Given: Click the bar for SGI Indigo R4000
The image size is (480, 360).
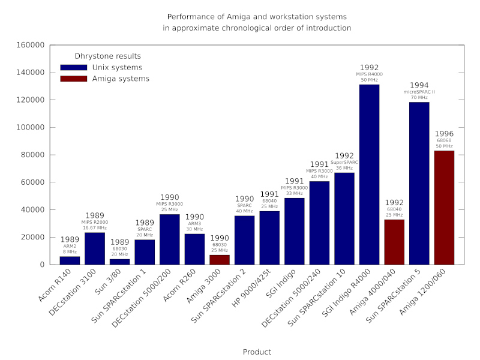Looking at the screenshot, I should [369, 174].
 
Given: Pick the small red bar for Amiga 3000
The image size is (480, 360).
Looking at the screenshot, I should [220, 260].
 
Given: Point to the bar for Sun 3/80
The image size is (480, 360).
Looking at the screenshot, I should [119, 262].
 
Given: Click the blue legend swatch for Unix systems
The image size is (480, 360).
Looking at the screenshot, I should [73, 68].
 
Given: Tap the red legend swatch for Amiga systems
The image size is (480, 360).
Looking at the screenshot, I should [73, 79].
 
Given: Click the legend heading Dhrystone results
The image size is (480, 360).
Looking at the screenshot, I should [107, 56].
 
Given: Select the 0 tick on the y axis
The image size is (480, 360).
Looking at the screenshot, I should [42, 265].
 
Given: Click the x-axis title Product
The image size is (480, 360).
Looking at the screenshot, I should [257, 352].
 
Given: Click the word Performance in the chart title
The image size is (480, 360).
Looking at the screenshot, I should [188, 17].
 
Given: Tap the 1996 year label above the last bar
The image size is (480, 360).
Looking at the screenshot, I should [444, 133].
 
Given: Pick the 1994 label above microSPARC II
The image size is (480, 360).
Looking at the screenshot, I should [419, 85].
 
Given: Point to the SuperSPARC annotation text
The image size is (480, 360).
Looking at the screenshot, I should [344, 162].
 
